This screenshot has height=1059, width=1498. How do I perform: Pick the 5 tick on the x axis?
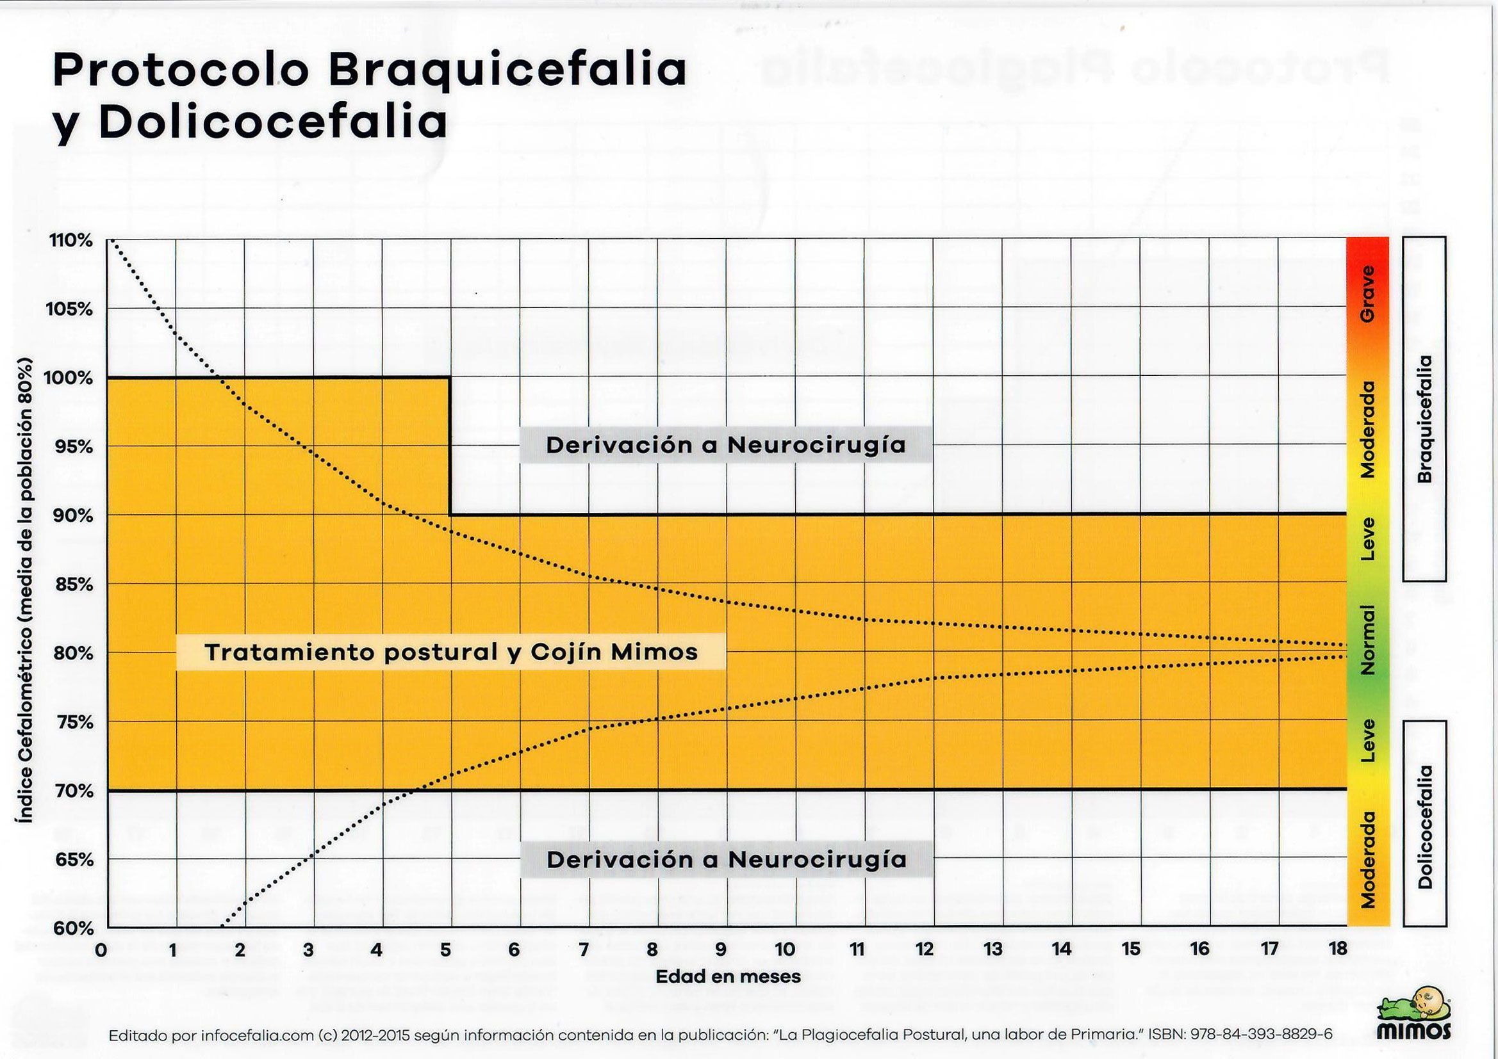click(445, 950)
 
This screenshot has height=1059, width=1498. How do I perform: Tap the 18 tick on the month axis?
click(1338, 950)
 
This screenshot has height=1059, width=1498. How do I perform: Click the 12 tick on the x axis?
click(925, 950)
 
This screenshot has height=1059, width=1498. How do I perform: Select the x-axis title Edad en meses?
click(728, 976)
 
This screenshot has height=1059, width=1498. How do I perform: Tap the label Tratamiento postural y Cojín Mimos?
click(452, 652)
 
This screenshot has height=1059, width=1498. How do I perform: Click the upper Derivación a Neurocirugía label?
click(725, 446)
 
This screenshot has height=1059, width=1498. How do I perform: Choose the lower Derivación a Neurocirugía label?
click(726, 859)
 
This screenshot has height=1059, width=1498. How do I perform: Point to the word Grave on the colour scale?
click(1367, 293)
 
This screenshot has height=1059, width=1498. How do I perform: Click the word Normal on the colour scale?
click(1367, 640)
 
